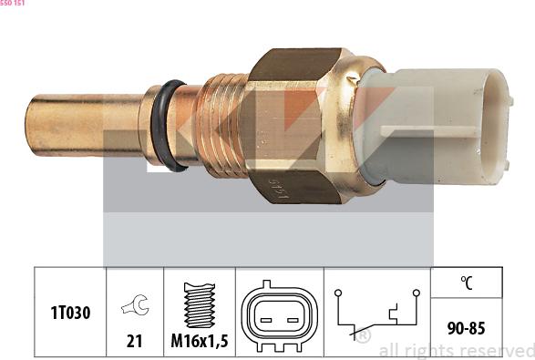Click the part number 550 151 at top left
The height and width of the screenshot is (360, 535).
(x=13, y=4)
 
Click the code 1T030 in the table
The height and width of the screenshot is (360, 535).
(x=70, y=312)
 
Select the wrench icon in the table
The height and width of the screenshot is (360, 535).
(x=135, y=308)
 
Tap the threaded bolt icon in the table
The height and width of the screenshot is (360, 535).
(x=200, y=304)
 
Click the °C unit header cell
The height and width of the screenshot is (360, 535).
(x=466, y=283)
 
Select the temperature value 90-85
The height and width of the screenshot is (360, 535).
(x=466, y=326)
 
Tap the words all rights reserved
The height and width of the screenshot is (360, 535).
(x=456, y=350)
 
